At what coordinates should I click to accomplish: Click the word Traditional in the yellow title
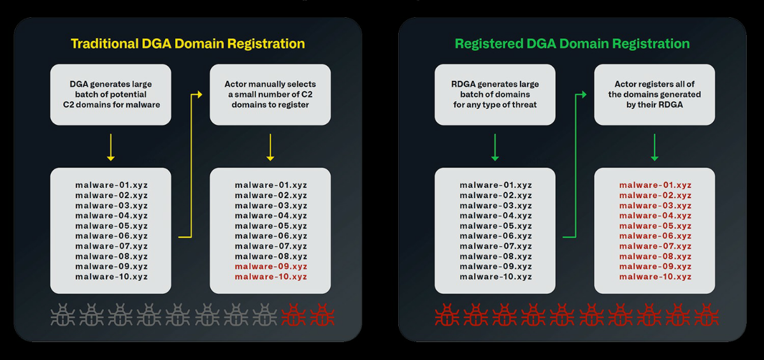click(102, 43)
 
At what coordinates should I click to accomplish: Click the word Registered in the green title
click(488, 43)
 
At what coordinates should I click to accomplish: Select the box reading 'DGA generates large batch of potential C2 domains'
click(111, 94)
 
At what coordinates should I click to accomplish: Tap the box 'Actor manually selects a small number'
click(270, 94)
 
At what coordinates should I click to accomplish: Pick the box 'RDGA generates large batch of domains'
click(495, 94)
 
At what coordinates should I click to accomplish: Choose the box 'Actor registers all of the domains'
click(655, 94)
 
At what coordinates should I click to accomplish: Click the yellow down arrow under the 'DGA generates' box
click(111, 147)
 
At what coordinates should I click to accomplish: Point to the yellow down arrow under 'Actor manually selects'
click(270, 147)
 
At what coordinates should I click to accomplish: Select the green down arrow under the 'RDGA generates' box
click(495, 147)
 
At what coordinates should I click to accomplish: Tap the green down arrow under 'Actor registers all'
click(655, 147)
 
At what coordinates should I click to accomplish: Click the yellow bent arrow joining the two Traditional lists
click(191, 166)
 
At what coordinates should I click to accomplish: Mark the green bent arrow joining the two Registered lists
click(575, 166)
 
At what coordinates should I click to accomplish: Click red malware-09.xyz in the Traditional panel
click(271, 266)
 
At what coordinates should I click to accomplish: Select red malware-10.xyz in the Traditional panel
click(271, 277)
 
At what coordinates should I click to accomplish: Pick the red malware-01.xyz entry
click(655, 185)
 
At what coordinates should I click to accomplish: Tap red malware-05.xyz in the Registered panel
click(655, 226)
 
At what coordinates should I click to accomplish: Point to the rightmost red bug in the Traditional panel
click(321, 315)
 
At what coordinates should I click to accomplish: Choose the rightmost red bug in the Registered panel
click(705, 315)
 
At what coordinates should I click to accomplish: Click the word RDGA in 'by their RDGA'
click(672, 104)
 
